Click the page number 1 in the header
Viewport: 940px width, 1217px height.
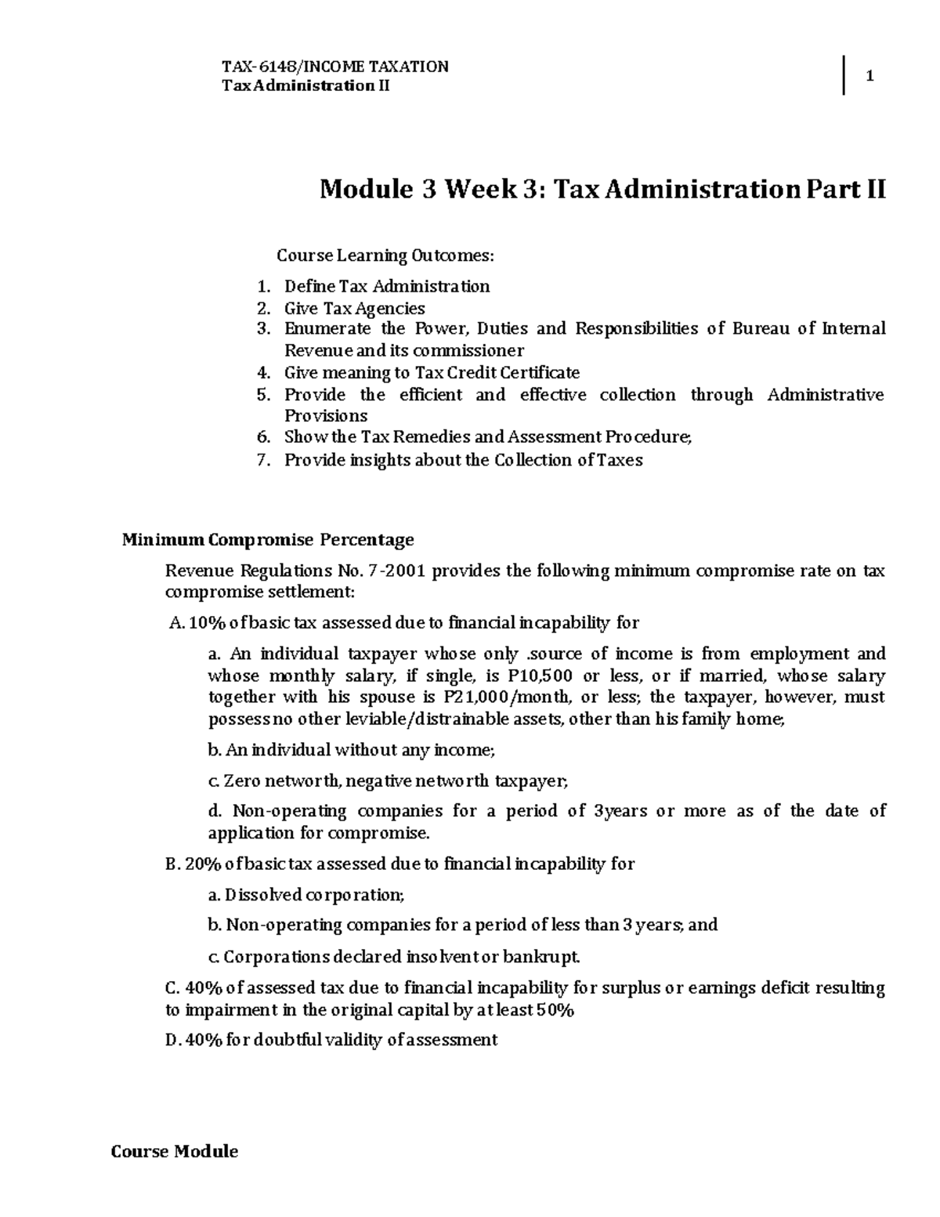869,76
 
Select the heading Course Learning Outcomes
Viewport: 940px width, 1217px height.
385,255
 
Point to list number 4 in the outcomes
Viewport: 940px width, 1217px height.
262,372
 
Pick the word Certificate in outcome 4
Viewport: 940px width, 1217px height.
540,372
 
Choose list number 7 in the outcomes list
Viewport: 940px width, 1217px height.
262,460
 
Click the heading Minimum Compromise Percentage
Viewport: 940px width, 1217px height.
267,540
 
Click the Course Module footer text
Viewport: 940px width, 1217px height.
175,1151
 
